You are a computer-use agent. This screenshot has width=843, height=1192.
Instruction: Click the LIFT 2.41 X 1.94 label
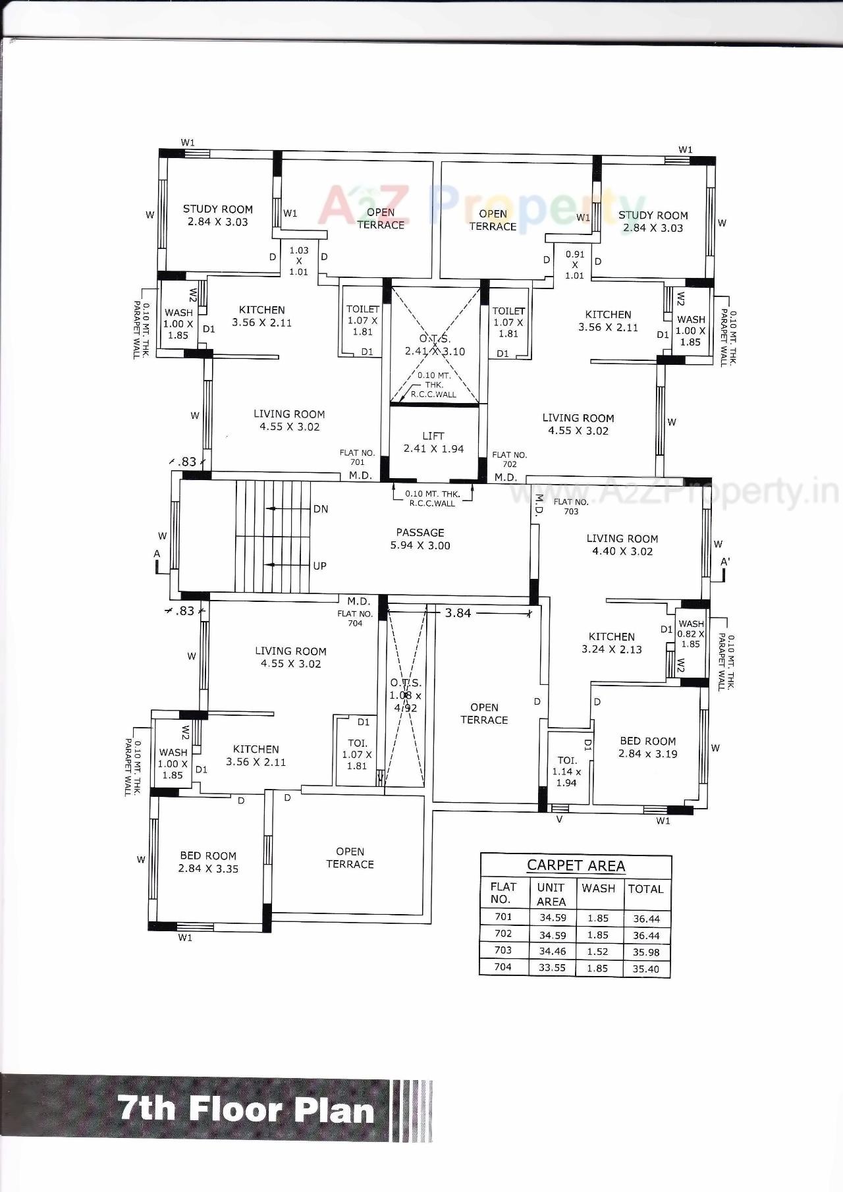(433, 443)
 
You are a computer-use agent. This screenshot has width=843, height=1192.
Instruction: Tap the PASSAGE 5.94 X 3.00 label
(420, 539)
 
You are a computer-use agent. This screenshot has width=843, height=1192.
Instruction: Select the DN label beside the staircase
(321, 509)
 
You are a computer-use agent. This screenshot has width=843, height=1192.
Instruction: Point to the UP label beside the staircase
(319, 566)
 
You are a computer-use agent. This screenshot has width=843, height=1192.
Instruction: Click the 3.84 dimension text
(458, 613)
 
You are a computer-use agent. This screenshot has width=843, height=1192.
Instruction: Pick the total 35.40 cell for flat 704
(645, 969)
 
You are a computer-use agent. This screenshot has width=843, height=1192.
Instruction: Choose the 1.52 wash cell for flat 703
(598, 952)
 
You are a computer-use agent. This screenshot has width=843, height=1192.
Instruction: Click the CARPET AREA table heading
(576, 866)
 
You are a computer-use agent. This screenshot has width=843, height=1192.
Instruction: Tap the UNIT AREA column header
(551, 894)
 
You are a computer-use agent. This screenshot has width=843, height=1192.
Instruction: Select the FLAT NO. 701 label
(357, 457)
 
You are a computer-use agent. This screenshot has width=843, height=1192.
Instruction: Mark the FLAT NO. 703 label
(571, 506)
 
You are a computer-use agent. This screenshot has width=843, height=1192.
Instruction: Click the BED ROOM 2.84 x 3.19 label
(648, 747)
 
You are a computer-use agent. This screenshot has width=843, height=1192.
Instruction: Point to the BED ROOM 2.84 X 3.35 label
(208, 862)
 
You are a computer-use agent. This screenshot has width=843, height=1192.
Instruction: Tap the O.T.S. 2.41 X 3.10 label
(435, 345)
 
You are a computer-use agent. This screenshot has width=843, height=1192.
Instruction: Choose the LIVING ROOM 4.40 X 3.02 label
(622, 545)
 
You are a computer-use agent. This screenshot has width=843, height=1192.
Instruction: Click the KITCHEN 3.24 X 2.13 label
(612, 643)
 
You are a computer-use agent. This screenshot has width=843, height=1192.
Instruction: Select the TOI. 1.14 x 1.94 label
(566, 771)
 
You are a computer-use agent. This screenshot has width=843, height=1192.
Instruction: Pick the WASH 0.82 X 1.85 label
(691, 634)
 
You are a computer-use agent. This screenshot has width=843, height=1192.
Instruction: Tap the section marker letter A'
(725, 562)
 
